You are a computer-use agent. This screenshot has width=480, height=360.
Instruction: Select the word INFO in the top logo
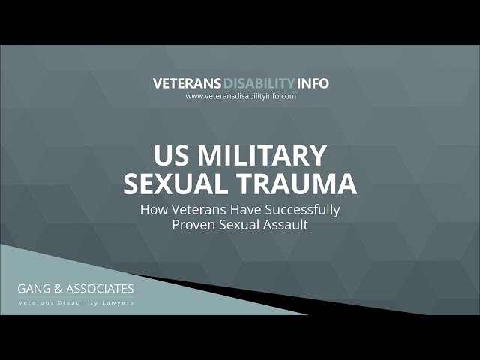[x=312, y=83]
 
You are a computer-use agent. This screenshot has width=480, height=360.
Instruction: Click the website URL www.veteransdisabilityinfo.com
[x=241, y=96]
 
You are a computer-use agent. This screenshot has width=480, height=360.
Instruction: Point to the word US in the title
[x=170, y=157]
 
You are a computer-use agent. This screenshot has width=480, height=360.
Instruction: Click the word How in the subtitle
[x=153, y=210]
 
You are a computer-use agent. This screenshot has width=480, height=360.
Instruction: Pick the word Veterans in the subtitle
[x=196, y=210]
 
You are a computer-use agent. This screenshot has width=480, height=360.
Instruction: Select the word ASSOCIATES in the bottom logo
[x=101, y=289]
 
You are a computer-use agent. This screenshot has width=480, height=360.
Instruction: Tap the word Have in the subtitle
[x=241, y=210]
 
